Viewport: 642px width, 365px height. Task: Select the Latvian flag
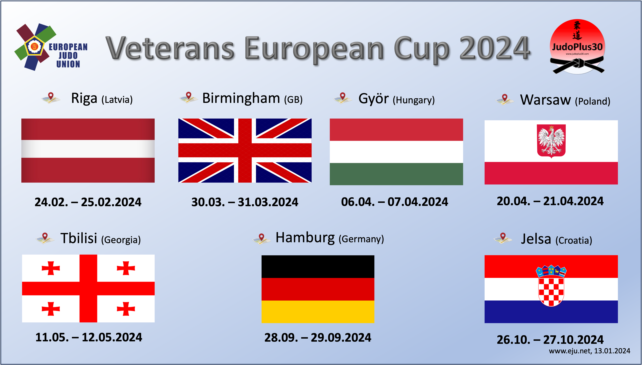(x=88, y=150)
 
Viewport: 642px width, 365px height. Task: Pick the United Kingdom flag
(x=245, y=150)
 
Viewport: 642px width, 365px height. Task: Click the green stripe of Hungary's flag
(x=396, y=174)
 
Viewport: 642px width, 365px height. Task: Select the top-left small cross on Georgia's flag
(x=51, y=268)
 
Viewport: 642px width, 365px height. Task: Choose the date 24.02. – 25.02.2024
(x=88, y=202)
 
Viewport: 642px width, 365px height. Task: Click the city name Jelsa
(x=536, y=239)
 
